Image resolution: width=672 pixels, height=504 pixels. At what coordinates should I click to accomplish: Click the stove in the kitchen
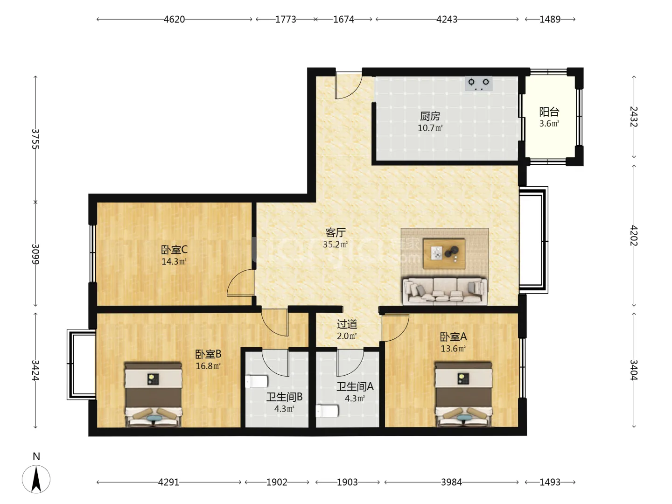pyautogui.click(x=478, y=83)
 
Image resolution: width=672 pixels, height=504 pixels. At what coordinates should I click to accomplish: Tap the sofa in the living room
pyautogui.click(x=445, y=291)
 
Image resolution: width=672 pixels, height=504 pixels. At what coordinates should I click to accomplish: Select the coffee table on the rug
pyautogui.click(x=444, y=254)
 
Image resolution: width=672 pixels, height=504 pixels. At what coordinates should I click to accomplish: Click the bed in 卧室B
pyautogui.click(x=153, y=394)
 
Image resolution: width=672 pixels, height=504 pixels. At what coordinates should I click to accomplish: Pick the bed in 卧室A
pyautogui.click(x=463, y=394)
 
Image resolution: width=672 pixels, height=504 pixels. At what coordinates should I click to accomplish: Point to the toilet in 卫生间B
pyautogui.click(x=257, y=381)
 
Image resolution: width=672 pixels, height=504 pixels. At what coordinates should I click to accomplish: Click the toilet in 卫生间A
pyautogui.click(x=327, y=411)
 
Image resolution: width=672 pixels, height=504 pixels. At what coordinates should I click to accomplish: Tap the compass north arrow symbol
pyautogui.click(x=36, y=479)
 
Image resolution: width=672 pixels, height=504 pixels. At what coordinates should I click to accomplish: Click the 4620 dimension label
pyautogui.click(x=174, y=19)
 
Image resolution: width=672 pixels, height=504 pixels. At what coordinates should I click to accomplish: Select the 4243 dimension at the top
pyautogui.click(x=447, y=19)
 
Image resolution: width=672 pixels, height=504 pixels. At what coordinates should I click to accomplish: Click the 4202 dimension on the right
pyautogui.click(x=634, y=236)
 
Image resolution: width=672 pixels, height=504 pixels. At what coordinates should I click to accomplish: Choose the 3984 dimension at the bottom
pyautogui.click(x=451, y=482)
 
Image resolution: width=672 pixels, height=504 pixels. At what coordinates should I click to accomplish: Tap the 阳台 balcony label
pyautogui.click(x=549, y=112)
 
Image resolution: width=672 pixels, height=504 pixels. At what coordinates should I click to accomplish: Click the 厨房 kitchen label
pyautogui.click(x=430, y=116)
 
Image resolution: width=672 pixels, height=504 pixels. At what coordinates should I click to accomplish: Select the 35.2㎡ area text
pyautogui.click(x=336, y=244)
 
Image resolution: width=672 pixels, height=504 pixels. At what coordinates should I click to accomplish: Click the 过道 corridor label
pyautogui.click(x=347, y=324)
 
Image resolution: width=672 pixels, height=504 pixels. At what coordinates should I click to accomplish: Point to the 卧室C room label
pyautogui.click(x=174, y=250)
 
